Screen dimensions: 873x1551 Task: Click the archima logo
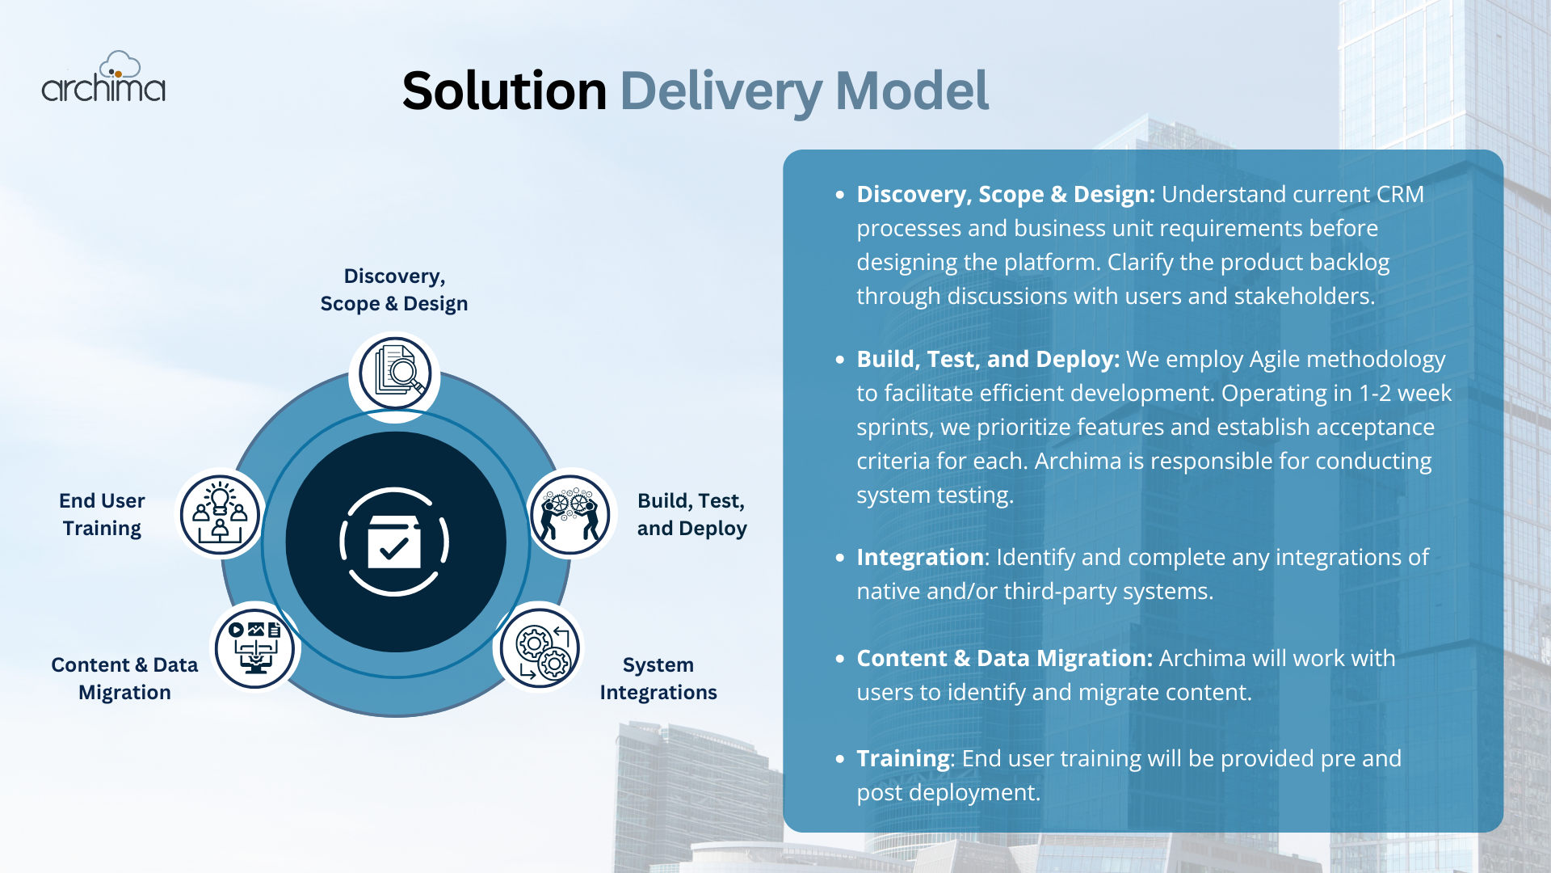103,78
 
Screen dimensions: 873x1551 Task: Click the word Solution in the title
504,91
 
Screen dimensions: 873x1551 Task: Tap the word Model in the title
911,91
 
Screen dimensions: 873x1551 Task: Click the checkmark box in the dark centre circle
394,542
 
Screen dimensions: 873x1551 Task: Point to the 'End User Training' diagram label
102,515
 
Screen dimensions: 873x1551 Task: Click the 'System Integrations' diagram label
658,679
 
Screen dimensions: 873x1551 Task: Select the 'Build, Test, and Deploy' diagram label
691,515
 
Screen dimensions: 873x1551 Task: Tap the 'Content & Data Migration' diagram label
124,679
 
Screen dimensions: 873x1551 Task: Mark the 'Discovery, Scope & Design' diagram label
394,290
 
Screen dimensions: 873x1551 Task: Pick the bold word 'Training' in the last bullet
903,759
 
